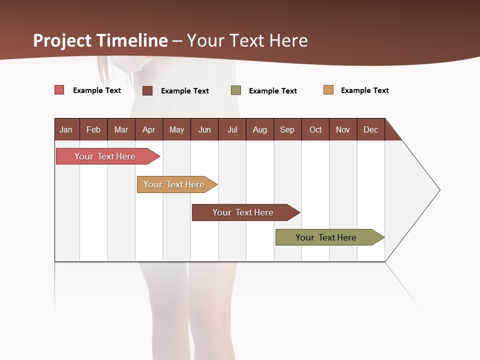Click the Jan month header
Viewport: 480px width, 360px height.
tap(66, 129)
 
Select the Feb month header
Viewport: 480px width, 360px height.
tap(93, 129)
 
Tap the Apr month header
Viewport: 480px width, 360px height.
tap(148, 129)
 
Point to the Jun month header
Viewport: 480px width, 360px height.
tap(204, 129)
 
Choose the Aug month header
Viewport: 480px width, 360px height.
tap(259, 129)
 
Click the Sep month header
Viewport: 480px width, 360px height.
tap(287, 129)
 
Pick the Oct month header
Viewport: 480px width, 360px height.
tap(315, 129)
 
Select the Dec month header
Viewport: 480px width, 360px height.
tap(370, 129)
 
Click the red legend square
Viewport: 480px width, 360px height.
tap(59, 90)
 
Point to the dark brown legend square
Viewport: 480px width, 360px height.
tap(147, 90)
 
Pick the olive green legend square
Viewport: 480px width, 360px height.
tap(236, 90)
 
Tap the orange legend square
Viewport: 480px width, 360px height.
tap(328, 90)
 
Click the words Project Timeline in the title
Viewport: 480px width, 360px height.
tap(100, 40)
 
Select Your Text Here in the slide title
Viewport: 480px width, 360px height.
tap(247, 40)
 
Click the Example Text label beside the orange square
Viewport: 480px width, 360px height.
tap(364, 90)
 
